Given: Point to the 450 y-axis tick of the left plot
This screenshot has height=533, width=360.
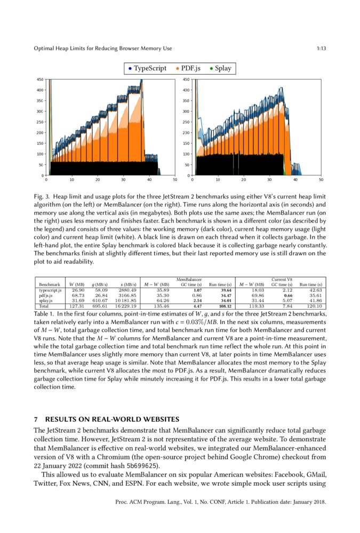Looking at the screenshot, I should click(x=40, y=79).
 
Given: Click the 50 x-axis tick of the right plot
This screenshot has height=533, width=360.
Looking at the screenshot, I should click(x=321, y=180).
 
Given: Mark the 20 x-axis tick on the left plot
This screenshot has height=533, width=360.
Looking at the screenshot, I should click(x=97, y=180).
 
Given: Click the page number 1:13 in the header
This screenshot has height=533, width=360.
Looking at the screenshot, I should click(x=321, y=49).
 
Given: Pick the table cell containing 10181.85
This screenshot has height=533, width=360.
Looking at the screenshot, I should click(x=125, y=301).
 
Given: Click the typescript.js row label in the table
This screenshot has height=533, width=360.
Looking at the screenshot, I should click(x=50, y=290).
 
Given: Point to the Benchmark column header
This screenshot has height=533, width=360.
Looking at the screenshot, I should click(x=50, y=285).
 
